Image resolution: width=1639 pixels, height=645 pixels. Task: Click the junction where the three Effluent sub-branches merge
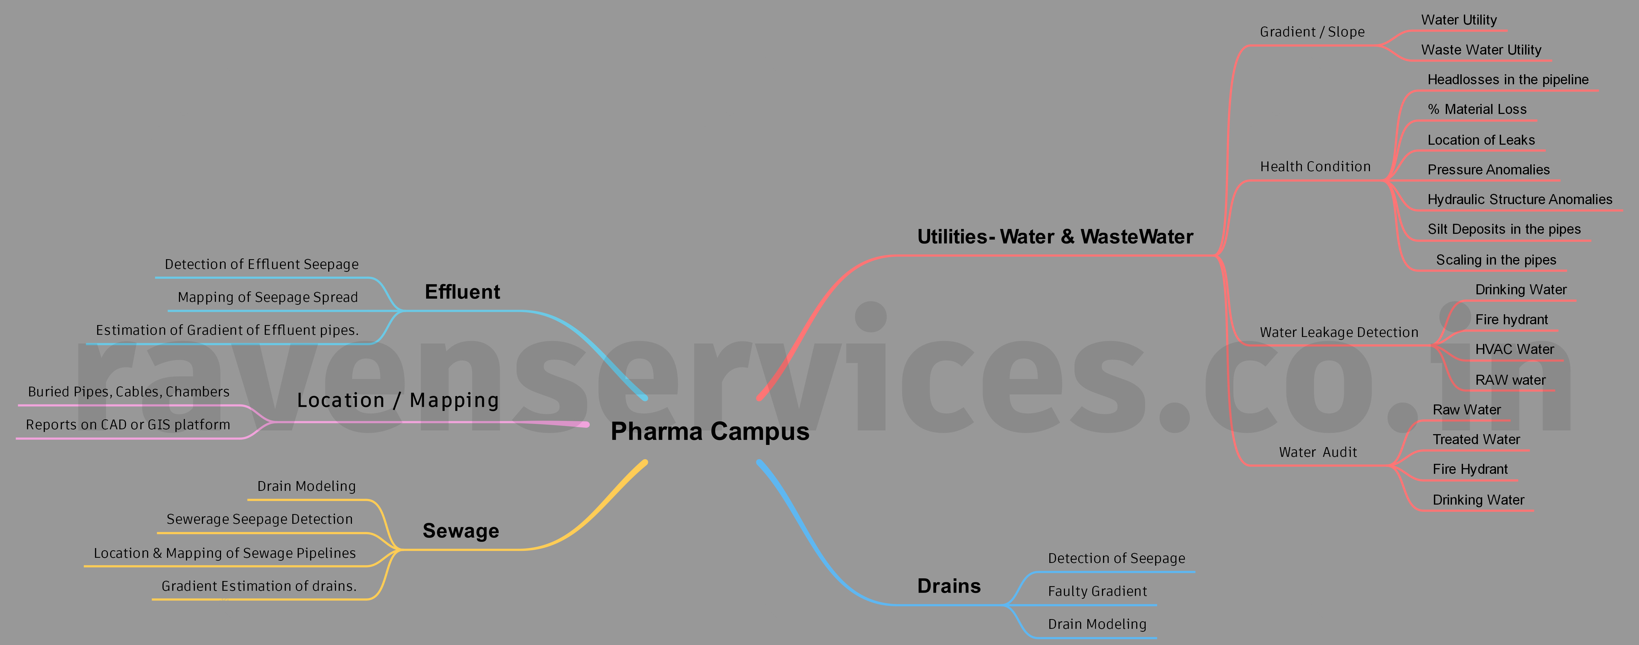click(401, 311)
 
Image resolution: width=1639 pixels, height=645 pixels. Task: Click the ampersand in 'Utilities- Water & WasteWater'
click(1068, 237)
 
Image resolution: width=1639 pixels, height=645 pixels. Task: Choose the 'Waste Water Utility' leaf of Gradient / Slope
click(1481, 50)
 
